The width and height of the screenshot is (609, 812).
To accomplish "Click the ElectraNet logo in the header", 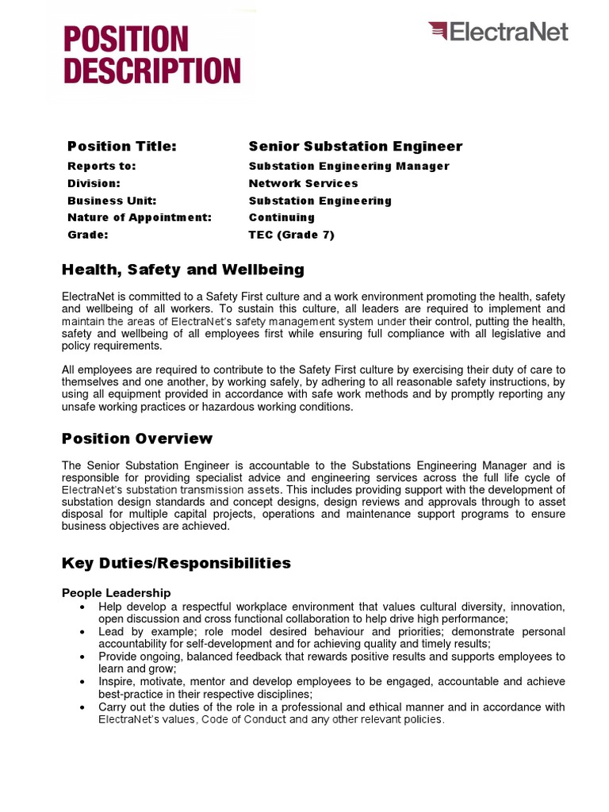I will [x=498, y=32].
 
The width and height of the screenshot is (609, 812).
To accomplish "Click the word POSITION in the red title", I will [x=126, y=39].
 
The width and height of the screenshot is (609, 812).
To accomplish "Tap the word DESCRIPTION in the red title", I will [x=151, y=71].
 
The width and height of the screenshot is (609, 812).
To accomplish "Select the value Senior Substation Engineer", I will [x=355, y=146].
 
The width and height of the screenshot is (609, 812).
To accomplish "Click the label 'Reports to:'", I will [x=101, y=166].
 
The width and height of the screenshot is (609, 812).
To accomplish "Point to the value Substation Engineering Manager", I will [x=349, y=166].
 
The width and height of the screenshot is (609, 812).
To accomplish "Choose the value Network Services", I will [x=303, y=183].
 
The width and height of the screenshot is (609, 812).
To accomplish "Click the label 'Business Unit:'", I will [x=112, y=201].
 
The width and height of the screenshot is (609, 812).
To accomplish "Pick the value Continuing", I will [x=282, y=217].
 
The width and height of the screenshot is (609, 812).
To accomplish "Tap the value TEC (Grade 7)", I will [x=292, y=235].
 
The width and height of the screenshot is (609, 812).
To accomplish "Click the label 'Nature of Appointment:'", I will [x=140, y=217].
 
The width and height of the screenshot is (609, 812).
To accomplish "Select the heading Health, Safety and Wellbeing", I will [x=183, y=270].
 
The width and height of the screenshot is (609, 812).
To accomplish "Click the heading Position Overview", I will [x=137, y=439].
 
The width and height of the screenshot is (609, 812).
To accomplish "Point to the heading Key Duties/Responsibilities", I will [x=176, y=563].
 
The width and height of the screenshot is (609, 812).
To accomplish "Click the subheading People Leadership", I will [x=116, y=592].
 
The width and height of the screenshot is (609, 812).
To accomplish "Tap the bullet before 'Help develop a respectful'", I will [x=83, y=607].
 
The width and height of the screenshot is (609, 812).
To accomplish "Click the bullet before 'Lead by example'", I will [x=83, y=632].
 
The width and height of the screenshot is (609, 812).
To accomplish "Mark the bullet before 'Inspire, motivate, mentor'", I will [x=83, y=682].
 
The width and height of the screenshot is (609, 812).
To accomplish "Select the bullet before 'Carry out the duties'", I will [x=83, y=707].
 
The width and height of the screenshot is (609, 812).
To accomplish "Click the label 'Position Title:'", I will [x=121, y=146].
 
